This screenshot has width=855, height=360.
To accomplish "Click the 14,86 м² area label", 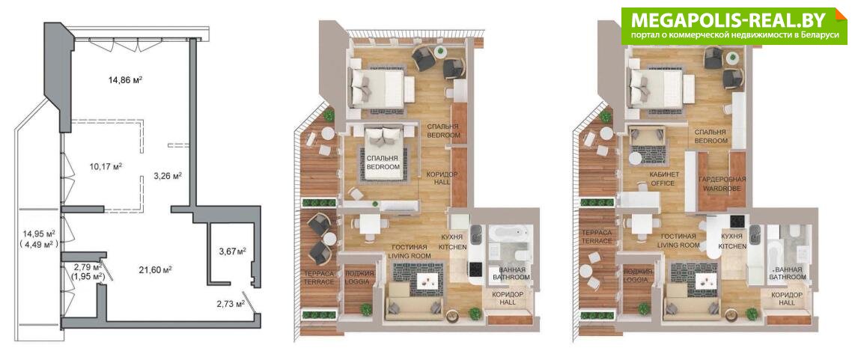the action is [126, 79].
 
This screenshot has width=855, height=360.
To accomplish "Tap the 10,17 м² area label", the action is [106, 166].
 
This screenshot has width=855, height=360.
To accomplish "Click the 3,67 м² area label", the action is [232, 251].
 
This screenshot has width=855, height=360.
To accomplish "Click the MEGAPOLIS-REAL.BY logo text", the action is [730, 19].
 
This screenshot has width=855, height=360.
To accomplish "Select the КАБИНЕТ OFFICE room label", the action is [663, 179].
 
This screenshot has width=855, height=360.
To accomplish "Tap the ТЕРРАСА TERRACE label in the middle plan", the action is [319, 277].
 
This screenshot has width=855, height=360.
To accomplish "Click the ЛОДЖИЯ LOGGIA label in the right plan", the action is [637, 275].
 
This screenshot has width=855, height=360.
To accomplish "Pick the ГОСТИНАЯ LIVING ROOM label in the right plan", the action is [677, 241].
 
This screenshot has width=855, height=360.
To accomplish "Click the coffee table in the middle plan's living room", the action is [427, 281].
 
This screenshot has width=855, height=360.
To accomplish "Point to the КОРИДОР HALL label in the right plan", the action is [786, 299].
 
